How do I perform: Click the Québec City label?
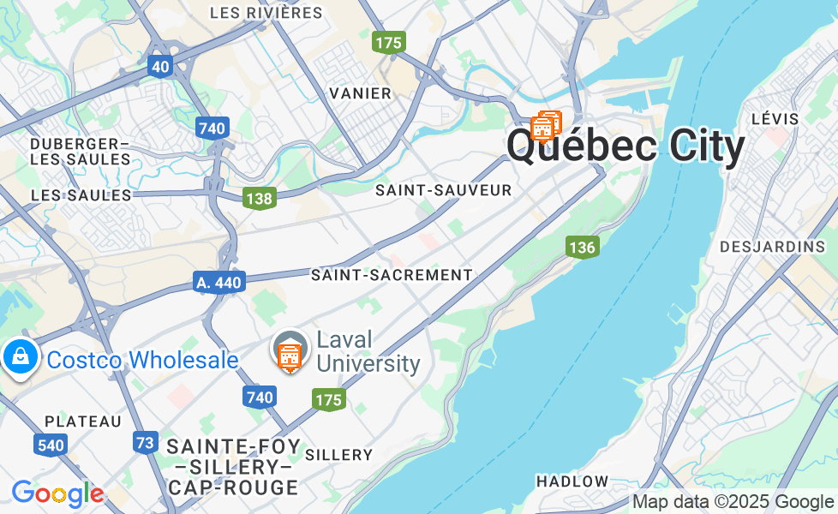pyautogui.click(x=626, y=146)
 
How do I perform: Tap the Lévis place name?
pyautogui.click(x=774, y=119)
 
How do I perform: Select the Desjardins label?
pyautogui.click(x=772, y=247)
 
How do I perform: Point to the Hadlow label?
pyautogui.click(x=572, y=481)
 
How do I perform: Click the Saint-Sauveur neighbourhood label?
pyautogui.click(x=443, y=190)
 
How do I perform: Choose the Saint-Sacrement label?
pyautogui.click(x=392, y=275)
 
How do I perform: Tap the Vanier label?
pyautogui.click(x=361, y=93)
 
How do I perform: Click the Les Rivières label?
pyautogui.click(x=266, y=13)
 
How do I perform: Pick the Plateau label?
pyautogui.click(x=83, y=421)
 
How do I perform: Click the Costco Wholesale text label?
pyautogui.click(x=142, y=360)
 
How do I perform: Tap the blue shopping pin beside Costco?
pyautogui.click(x=19, y=356)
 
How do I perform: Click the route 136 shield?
pyautogui.click(x=582, y=248)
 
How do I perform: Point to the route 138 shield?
pyautogui.click(x=258, y=199)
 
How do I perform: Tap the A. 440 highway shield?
pyautogui.click(x=218, y=282)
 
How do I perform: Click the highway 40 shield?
pyautogui.click(x=159, y=66)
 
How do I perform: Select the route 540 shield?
pyautogui.click(x=51, y=445)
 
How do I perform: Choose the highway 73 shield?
pyautogui.click(x=146, y=443)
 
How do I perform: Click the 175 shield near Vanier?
pyautogui.click(x=388, y=42)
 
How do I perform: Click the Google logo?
pyautogui.click(x=57, y=493)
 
